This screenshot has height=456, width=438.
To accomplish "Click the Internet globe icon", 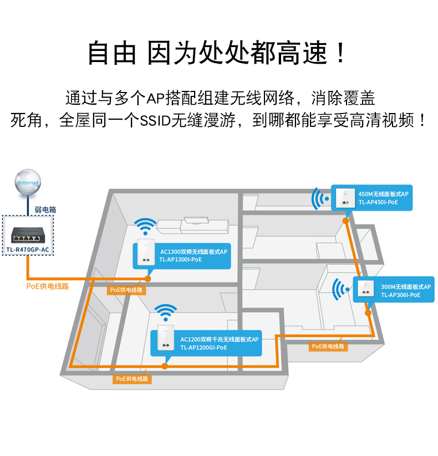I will coord(28,183).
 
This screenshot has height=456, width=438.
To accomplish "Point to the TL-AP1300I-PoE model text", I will coord(181,260).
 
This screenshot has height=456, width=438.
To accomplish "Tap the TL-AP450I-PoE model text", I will coord(378,203).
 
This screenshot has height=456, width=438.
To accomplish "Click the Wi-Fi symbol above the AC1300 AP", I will coord(145,226).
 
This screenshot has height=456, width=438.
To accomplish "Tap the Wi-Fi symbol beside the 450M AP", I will coord(319,198).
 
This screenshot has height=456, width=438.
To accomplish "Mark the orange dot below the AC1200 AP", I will coord(164,366).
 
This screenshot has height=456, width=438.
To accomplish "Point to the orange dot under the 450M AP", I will coord(345,220).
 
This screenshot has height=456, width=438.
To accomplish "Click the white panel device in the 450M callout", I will coord(345,198).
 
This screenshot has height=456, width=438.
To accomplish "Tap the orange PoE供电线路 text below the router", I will coord(47,286).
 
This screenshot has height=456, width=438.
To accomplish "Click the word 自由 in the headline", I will coord(112,54).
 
